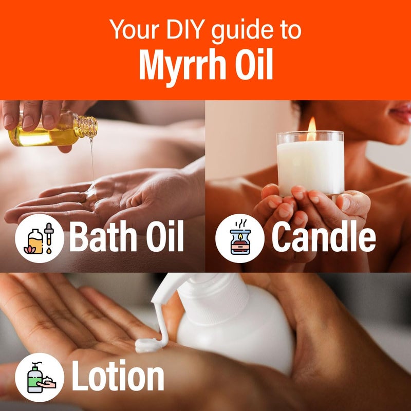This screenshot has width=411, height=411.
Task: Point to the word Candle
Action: pyautogui.click(x=323, y=237)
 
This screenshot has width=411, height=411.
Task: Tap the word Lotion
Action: pyautogui.click(x=118, y=376)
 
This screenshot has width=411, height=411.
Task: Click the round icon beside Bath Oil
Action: pyautogui.click(x=40, y=238)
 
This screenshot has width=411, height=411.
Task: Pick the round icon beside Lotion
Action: pyautogui.click(x=40, y=377)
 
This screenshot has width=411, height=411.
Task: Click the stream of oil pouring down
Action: pyautogui.click(x=92, y=159)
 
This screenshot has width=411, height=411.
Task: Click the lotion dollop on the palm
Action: pyautogui.click(x=149, y=345)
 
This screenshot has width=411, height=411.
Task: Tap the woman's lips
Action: pyautogui.click(x=401, y=111)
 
